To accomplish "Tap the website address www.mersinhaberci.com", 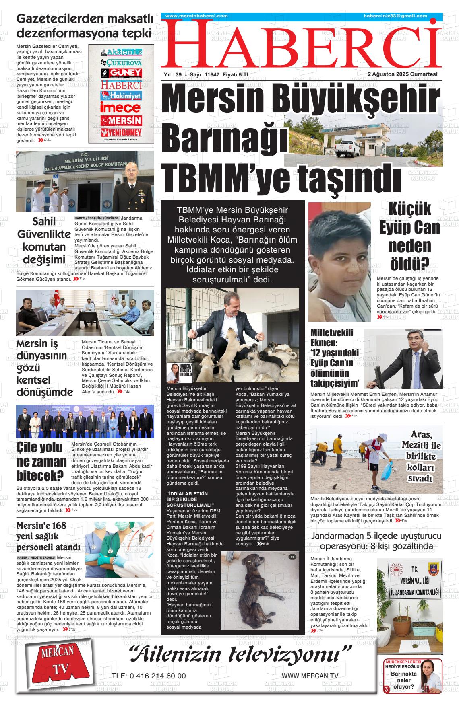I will (196, 16).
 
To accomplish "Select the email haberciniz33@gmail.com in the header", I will (395, 16).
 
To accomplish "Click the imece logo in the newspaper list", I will (121, 107).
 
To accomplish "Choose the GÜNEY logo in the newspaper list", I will (121, 73).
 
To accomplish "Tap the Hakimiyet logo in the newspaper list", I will (121, 96).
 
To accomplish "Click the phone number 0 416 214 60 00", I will (149, 676).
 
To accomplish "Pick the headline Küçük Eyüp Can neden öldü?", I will (409, 236).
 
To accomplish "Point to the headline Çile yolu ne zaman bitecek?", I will (41, 461).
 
